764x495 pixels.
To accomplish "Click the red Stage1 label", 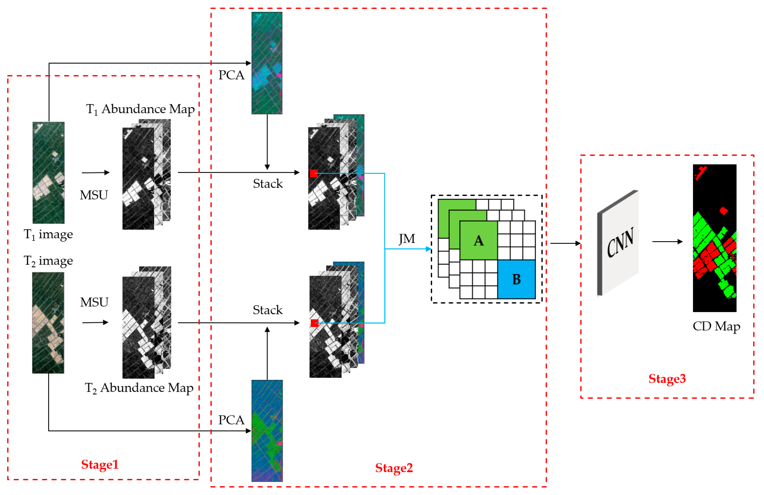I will click(x=100, y=464).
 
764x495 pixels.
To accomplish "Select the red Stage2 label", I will click(x=394, y=468).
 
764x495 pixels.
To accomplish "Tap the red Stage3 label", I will click(x=667, y=379).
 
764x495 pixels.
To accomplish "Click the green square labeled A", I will click(x=478, y=240).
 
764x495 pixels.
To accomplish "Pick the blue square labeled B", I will click(x=516, y=279).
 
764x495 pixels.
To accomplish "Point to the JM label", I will click(x=407, y=239).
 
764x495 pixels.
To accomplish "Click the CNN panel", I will click(x=619, y=243).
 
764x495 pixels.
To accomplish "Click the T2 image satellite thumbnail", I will click(x=48, y=323).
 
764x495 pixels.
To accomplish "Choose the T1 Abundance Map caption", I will click(x=140, y=109).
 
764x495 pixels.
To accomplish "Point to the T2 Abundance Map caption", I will click(x=139, y=388).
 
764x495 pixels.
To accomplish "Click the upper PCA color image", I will click(x=267, y=63).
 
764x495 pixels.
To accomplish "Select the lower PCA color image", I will click(x=267, y=430).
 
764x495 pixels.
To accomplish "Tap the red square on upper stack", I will click(x=314, y=173).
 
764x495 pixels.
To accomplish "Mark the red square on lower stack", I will click(x=314, y=323).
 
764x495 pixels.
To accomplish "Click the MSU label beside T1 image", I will click(x=94, y=195).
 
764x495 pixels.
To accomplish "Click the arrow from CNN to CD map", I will click(x=667, y=241).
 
